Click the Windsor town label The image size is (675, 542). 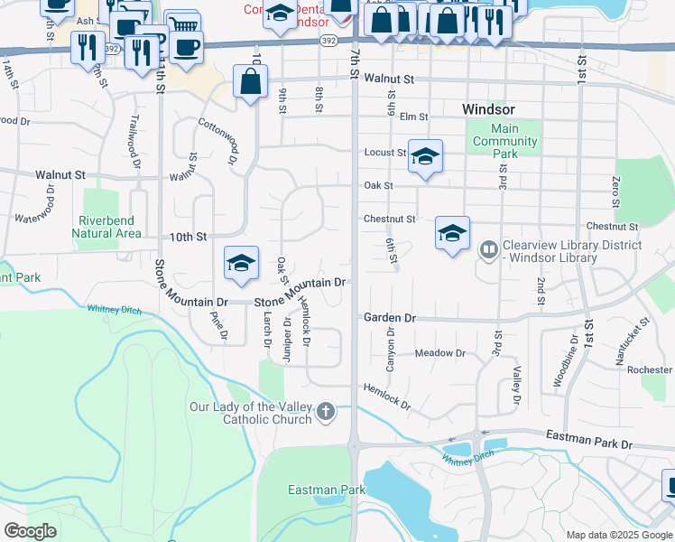488,108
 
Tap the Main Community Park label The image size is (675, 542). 505,141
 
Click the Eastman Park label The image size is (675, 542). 314,491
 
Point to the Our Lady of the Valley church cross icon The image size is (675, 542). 327,414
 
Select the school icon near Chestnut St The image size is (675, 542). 452,233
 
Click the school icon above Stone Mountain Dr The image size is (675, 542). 241,263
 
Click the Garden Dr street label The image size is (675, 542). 389,318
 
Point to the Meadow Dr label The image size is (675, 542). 439,353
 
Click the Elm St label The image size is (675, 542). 413,117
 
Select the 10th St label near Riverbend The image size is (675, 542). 190,237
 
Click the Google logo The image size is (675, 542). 30,531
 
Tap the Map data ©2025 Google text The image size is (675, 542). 619,535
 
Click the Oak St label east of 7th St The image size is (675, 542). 379,186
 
